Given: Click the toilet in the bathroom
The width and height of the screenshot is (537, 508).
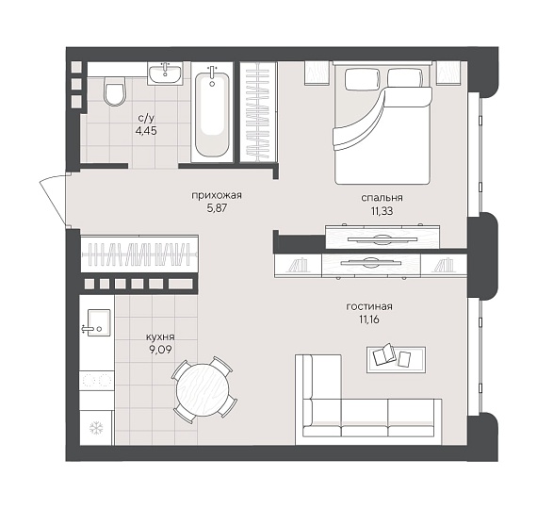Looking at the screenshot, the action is point(115,91).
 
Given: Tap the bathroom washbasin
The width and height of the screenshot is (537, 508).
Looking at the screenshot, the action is point(165,74).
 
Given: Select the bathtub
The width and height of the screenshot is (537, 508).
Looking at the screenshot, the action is point(212,111).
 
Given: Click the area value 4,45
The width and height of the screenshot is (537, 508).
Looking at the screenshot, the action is point(146,130).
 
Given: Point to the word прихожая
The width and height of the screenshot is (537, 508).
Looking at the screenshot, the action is point(217,196).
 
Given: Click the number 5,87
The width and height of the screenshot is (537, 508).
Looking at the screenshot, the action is point(217,208).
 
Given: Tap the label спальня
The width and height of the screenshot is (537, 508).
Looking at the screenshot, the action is point(382,198).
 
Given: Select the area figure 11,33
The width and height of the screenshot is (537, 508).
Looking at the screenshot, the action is point(382,211).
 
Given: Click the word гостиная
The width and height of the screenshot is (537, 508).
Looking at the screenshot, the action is point(369,306).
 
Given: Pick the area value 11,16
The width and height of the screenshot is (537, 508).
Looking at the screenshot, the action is point(369,320).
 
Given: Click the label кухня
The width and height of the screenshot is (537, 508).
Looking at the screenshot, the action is point(160,336).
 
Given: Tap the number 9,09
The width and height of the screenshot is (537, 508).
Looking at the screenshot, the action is point(160,350).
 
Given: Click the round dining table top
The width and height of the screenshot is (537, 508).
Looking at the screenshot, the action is point(203,389).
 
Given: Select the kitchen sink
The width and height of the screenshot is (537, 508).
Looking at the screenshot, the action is point(99,322).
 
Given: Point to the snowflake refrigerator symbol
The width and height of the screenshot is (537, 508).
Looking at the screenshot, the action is point(96,428).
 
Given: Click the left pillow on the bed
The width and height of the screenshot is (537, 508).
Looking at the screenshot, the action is point(363,79).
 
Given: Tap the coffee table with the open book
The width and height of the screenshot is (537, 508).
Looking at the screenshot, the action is point(396,359).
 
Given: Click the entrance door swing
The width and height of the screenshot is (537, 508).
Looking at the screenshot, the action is point(53,201).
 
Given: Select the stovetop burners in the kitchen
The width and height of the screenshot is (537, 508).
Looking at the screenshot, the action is point(97,380).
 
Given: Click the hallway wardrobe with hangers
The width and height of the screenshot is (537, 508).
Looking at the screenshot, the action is point(139,254).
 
